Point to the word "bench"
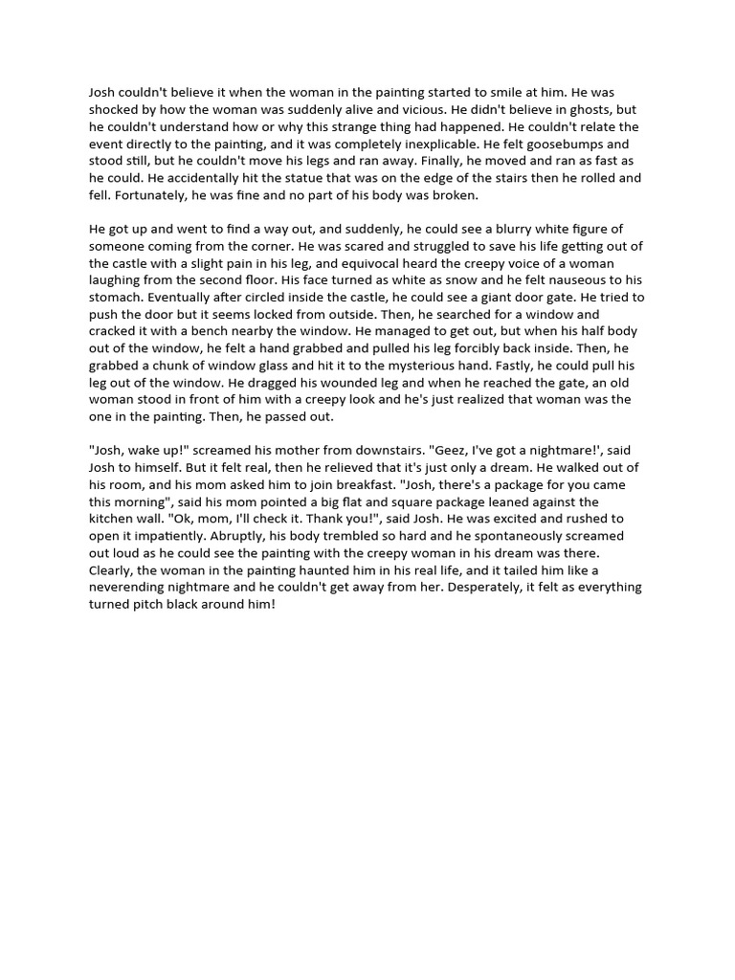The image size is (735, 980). coord(264,332)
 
